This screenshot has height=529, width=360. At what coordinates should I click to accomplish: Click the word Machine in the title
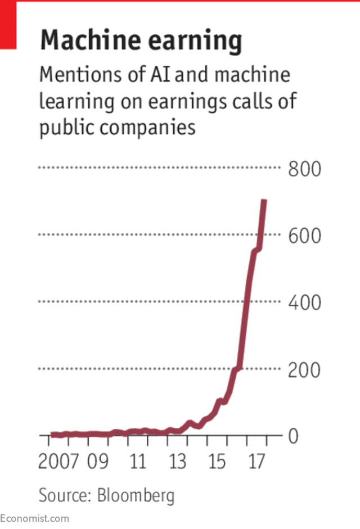(x=88, y=41)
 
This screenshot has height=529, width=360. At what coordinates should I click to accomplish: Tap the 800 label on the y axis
(x=304, y=168)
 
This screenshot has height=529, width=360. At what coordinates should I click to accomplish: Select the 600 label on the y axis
(x=304, y=235)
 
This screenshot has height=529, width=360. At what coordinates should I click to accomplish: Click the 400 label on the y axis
(x=304, y=302)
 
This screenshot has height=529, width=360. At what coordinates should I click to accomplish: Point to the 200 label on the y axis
(x=304, y=370)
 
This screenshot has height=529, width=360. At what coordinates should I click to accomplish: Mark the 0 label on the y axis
(x=292, y=436)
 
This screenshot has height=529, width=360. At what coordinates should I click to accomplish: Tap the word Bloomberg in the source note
(x=136, y=495)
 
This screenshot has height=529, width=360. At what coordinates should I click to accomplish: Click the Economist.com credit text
(x=35, y=518)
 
